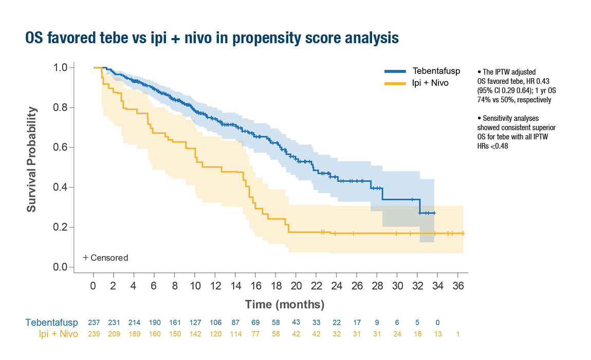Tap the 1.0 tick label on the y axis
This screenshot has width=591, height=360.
click(61, 67)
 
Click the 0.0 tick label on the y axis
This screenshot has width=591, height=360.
click(61, 267)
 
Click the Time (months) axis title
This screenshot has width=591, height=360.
click(285, 304)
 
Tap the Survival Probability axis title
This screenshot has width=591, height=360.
click(32, 159)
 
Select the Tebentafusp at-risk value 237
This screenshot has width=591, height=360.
click(94, 322)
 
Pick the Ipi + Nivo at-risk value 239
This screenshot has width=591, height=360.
click(94, 334)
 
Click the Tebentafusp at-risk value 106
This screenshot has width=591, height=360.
click(215, 322)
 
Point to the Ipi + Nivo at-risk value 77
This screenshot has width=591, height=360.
click(255, 334)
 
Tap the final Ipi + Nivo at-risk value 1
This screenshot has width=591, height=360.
click(458, 334)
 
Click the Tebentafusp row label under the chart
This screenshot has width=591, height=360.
click(52, 322)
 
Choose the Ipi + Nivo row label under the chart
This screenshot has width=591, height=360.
click(59, 334)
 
